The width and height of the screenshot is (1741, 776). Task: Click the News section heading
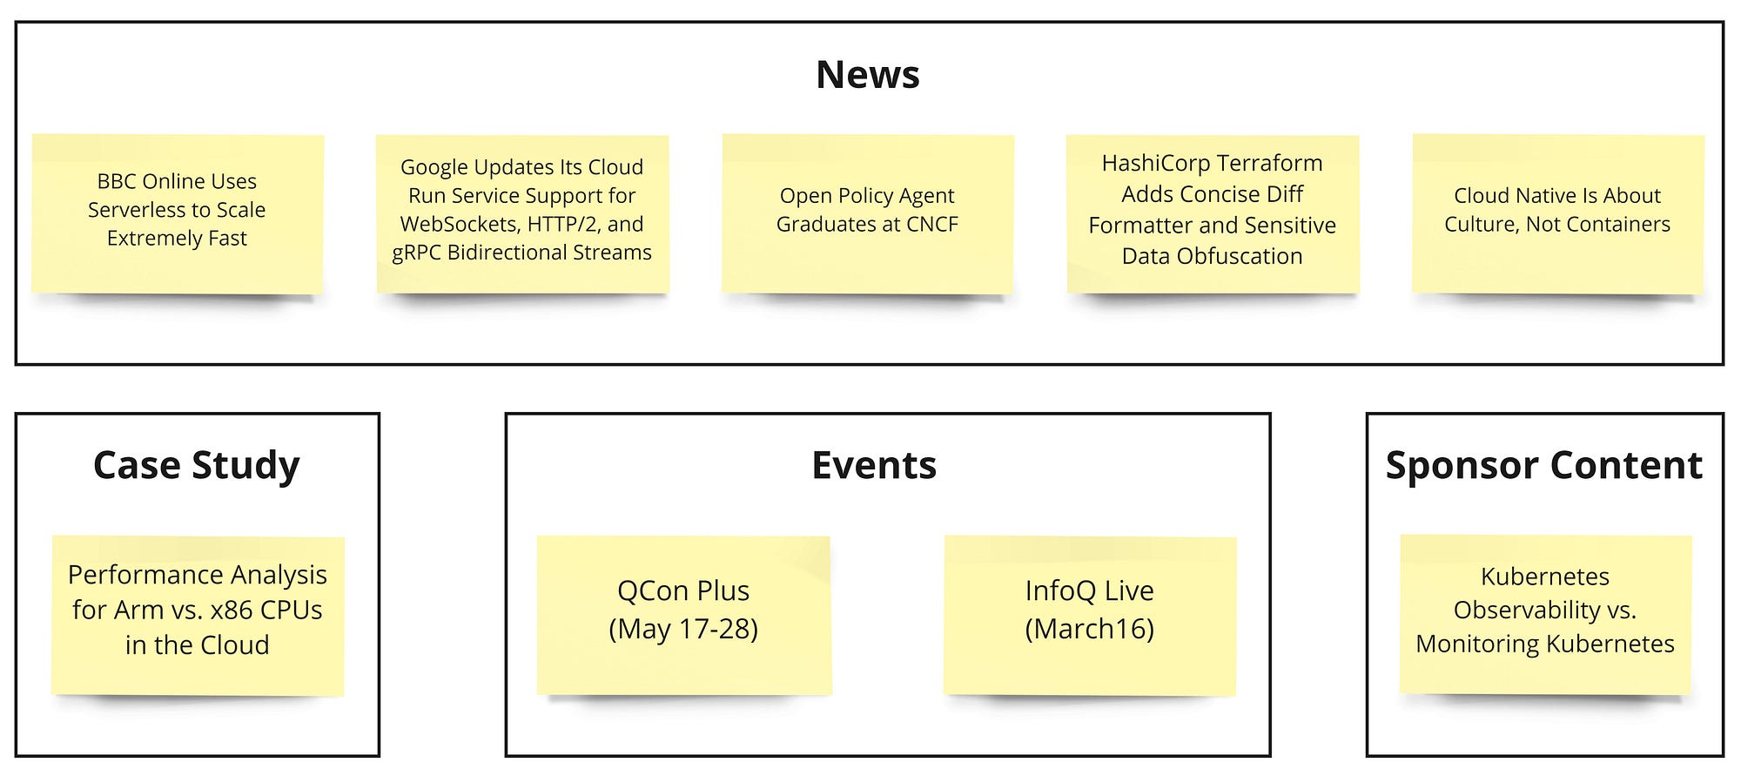coord(867,75)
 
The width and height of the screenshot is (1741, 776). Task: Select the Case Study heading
coord(196,466)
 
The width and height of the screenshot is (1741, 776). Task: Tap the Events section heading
coord(874,465)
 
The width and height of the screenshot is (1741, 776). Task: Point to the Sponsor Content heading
coord(1543,465)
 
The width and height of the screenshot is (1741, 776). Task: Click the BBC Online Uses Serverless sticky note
coord(178,214)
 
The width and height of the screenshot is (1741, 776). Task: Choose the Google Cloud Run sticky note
coord(522,214)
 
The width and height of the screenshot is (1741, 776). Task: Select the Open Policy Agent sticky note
coord(868,214)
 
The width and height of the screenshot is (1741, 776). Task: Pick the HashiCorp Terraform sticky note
coord(1213,214)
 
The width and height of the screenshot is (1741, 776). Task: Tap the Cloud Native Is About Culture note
coord(1558,214)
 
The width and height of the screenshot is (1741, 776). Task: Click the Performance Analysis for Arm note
coord(198,616)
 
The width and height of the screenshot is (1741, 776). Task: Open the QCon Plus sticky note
coord(683,616)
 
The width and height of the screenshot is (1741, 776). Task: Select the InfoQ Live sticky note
coord(1090,616)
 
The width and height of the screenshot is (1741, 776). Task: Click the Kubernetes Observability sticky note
coord(1545,616)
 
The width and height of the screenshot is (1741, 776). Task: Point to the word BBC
coord(116,181)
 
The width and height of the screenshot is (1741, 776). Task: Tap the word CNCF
coord(931,224)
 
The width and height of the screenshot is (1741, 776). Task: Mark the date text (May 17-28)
coord(683,629)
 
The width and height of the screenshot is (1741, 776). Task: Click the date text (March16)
coord(1090,629)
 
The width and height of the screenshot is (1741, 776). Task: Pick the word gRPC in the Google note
coord(416,253)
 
